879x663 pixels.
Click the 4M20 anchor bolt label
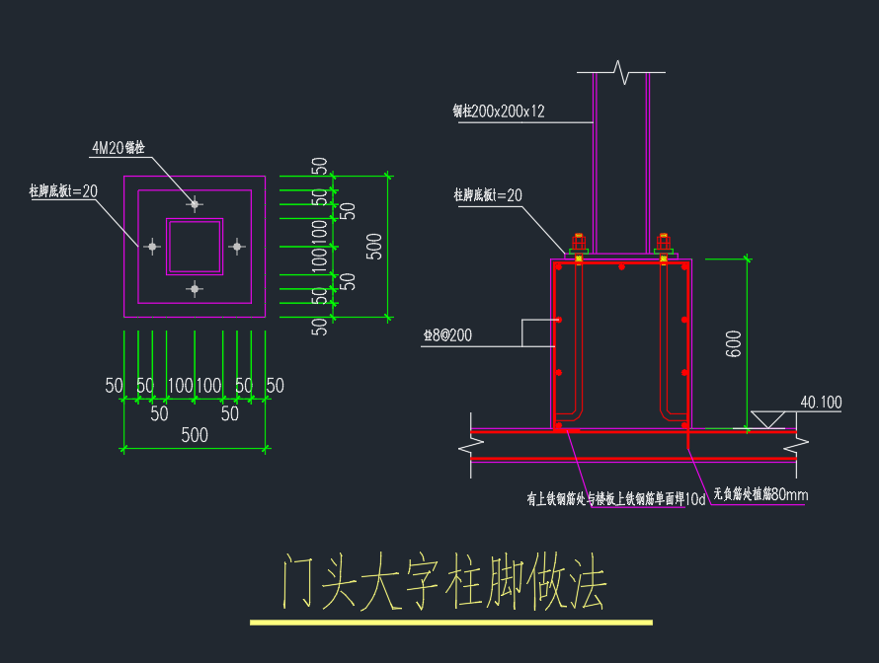[119, 148]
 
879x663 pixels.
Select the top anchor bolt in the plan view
[195, 204]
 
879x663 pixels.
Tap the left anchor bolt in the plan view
[152, 247]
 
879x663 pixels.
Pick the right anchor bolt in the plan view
[236, 246]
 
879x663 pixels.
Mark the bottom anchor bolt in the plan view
[195, 288]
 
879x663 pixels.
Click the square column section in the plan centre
[195, 247]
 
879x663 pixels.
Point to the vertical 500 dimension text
[374, 247]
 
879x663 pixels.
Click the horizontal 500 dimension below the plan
[195, 435]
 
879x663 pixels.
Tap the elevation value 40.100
[821, 403]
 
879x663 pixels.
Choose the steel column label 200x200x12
[499, 111]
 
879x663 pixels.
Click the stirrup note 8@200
[447, 336]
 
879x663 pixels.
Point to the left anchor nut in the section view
[578, 243]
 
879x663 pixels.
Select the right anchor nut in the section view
[664, 243]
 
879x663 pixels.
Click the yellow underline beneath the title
[451, 623]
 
